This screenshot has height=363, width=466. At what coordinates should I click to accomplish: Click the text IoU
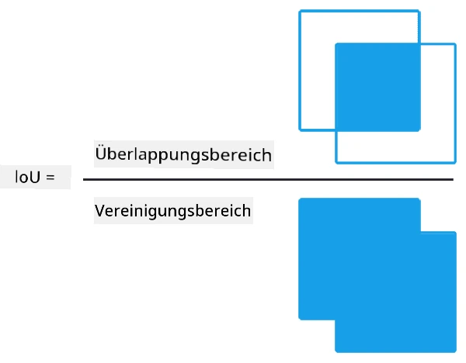tap(27, 177)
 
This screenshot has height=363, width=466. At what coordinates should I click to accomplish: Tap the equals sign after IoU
tap(50, 178)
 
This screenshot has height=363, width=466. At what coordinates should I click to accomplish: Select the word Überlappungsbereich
tap(183, 154)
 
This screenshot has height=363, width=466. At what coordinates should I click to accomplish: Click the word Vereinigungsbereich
tap(172, 211)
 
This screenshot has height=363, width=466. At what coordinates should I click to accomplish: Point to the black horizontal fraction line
tap(268, 179)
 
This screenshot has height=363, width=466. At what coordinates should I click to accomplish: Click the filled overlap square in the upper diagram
tap(377, 88)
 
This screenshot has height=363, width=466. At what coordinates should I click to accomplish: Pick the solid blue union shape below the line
tap(377, 275)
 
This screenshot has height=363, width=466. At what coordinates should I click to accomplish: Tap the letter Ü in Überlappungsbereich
tap(101, 153)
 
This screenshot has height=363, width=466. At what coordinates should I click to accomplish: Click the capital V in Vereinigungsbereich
tap(100, 210)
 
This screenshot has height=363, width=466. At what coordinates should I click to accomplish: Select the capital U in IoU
tap(35, 177)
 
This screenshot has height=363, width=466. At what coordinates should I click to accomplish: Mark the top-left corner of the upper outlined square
tap(300, 12)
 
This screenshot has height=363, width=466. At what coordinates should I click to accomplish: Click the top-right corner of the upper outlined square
tap(419, 12)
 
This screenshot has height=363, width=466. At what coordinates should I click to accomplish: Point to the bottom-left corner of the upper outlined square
tap(300, 130)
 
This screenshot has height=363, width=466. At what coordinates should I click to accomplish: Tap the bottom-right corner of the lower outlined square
tap(455, 162)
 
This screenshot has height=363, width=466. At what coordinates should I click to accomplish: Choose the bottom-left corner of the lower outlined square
tap(336, 162)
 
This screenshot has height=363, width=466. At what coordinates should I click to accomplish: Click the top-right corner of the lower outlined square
tap(455, 44)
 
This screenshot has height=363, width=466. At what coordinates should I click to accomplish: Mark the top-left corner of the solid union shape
tap(299, 199)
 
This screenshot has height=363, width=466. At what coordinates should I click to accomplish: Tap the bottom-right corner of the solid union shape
tap(456, 352)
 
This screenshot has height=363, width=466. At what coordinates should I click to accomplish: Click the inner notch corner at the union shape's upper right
tap(420, 231)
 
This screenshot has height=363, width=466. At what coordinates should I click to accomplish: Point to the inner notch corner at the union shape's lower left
tap(336, 320)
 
